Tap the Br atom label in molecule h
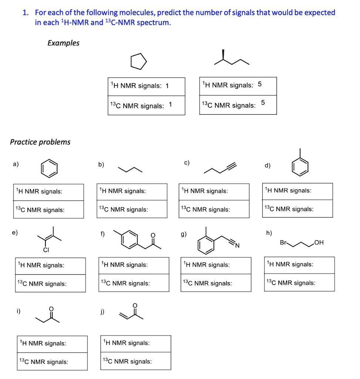[x=283, y=242]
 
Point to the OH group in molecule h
[x=319, y=243]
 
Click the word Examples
[x=63, y=43]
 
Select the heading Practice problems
[x=40, y=142]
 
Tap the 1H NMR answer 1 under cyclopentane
[x=167, y=86]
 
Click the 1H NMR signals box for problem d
[x=297, y=191]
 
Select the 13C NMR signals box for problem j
[x=135, y=362]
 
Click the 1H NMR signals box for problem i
[x=52, y=343]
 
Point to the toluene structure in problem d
[x=300, y=165]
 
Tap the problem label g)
[x=184, y=234]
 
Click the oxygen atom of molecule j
[x=135, y=305]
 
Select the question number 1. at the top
[x=26, y=13]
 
